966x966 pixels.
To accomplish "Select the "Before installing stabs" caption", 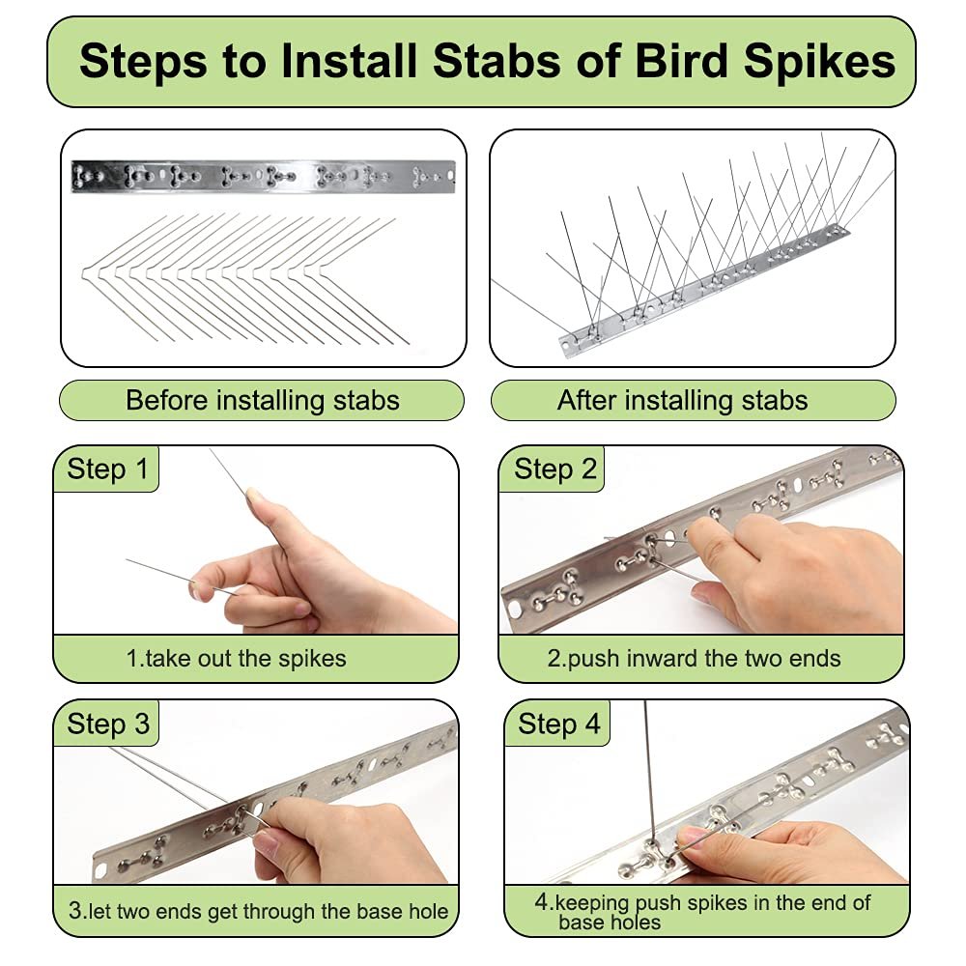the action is click(x=263, y=401).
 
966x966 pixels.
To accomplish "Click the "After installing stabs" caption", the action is click(x=682, y=401).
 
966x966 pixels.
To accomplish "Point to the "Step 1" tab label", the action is click(x=107, y=469).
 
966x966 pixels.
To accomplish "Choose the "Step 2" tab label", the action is click(x=555, y=469).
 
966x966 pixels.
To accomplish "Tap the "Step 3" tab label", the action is click(x=108, y=724).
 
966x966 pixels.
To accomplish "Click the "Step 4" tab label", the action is click(x=558, y=724).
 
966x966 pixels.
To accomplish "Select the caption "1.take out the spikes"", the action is click(x=236, y=659).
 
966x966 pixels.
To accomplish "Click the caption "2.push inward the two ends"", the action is click(x=694, y=659).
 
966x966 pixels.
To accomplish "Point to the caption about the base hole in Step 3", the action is click(x=258, y=911).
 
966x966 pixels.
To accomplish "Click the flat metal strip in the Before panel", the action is click(x=263, y=176).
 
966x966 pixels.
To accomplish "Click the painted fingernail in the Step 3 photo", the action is click(x=267, y=841).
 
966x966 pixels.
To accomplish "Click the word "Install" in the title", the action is click(x=348, y=60).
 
